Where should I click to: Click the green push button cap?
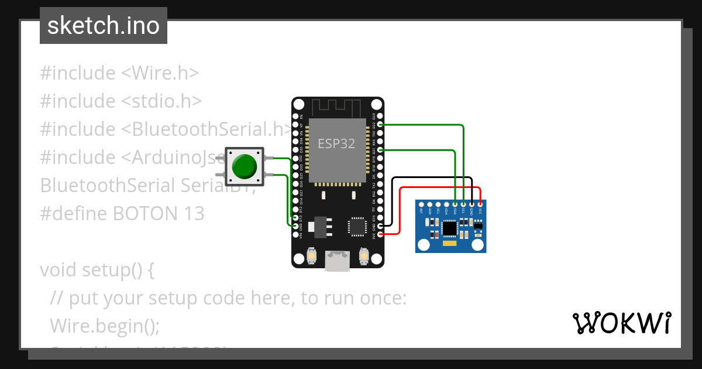(245, 166)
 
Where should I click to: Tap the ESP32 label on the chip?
(336, 143)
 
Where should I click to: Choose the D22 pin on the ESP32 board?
(381, 125)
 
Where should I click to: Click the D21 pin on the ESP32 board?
(381, 150)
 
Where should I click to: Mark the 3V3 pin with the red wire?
(381, 234)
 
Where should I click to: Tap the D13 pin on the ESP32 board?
(295, 217)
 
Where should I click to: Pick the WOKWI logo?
(621, 323)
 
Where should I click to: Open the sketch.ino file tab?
(104, 26)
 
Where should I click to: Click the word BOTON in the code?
(139, 213)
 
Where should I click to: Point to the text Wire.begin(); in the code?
(105, 325)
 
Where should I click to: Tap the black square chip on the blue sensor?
(449, 227)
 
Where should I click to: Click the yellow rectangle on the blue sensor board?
(449, 242)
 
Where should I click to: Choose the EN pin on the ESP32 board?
(295, 117)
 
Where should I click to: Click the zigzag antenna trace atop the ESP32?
(338, 107)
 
